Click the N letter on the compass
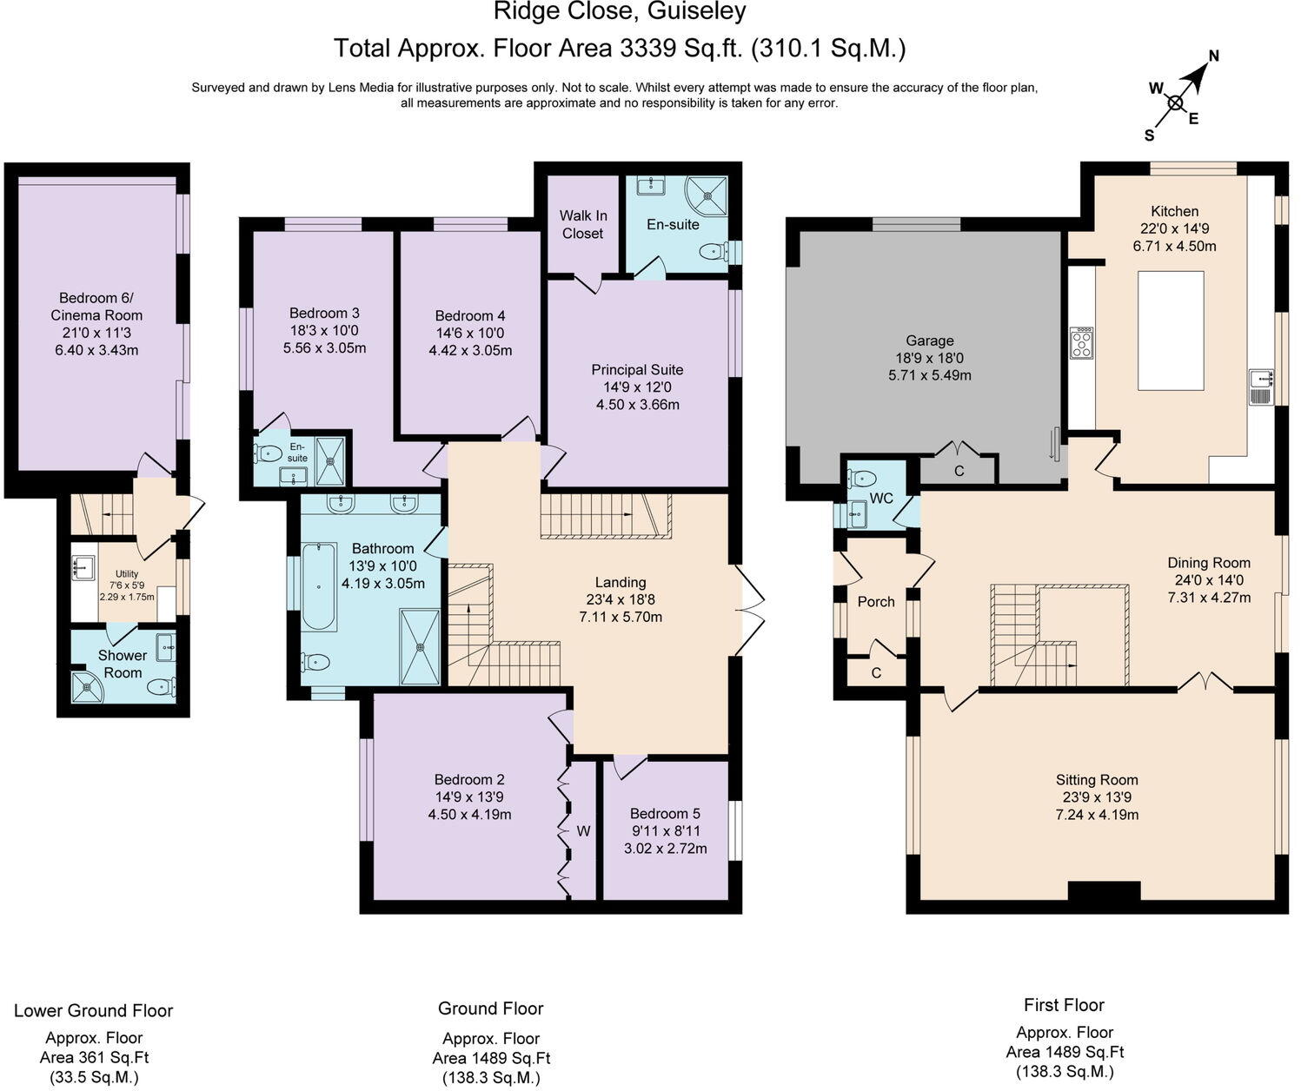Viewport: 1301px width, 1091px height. tap(1213, 56)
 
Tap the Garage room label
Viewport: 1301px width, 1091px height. tap(930, 341)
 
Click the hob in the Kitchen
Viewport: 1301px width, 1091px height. tap(1082, 343)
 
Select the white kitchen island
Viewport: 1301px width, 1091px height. tap(1171, 331)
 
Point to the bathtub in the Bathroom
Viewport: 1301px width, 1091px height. tap(319, 586)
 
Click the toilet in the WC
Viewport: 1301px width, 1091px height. tap(862, 479)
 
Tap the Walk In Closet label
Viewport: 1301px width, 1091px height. tap(582, 224)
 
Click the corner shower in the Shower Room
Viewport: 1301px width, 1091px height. tap(86, 687)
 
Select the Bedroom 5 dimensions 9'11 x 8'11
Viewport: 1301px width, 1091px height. tap(665, 830)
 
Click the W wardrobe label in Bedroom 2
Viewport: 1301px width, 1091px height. tap(583, 830)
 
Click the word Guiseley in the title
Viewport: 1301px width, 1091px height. tap(697, 11)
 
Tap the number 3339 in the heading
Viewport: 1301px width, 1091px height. tap(648, 48)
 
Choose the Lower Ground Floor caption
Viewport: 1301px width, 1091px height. tap(94, 1011)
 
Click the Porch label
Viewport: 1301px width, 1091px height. tap(876, 602)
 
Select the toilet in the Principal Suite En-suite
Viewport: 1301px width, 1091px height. tap(714, 252)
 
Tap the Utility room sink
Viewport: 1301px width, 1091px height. tap(83, 568)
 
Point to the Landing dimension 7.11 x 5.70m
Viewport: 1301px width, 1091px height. tap(621, 617)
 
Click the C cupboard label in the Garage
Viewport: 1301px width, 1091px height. tap(959, 471)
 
